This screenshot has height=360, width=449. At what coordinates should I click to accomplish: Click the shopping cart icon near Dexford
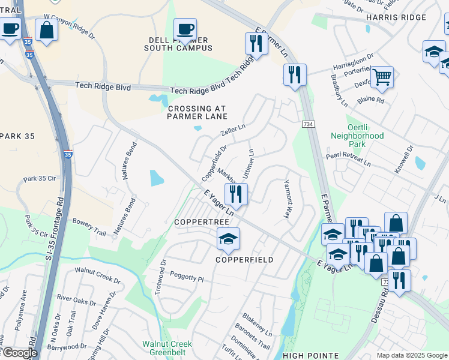tap(382, 77)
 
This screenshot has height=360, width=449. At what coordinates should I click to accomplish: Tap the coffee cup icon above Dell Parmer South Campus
tap(185, 29)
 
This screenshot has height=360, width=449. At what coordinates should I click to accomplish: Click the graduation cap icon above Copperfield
tap(228, 239)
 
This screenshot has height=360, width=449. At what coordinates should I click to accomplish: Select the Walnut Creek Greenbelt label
tap(167, 348)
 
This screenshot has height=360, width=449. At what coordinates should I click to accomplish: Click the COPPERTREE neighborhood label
tap(202, 222)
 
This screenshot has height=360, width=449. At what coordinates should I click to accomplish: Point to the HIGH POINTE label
tap(311, 356)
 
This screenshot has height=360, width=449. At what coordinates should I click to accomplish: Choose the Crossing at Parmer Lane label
tap(189, 112)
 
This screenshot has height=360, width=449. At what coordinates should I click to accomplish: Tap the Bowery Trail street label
tap(88, 225)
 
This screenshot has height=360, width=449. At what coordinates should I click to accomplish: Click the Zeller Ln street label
tap(234, 129)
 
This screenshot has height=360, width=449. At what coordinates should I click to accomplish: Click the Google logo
tap(20, 353)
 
